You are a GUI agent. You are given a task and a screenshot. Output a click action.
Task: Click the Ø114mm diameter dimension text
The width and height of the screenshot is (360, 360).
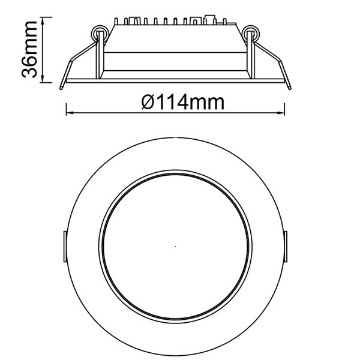click(x=184, y=102)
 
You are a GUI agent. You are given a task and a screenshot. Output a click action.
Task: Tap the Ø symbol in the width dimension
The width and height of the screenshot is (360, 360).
click(x=150, y=102)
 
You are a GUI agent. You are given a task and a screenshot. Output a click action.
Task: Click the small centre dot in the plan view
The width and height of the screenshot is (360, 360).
click(x=175, y=246)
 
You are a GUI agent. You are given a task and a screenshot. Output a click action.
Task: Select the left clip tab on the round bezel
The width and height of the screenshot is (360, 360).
click(x=64, y=247)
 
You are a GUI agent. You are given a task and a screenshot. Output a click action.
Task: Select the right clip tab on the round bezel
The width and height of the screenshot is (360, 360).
click(x=286, y=247)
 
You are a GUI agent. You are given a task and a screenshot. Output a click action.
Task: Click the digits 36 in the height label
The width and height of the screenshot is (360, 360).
click(x=29, y=68)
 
